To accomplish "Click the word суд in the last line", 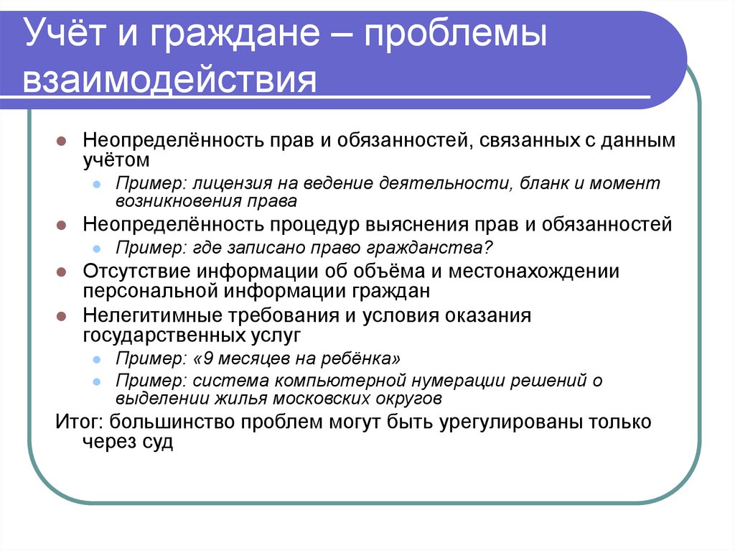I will coord(159,442).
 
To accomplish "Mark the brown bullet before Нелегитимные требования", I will coord(62,317).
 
